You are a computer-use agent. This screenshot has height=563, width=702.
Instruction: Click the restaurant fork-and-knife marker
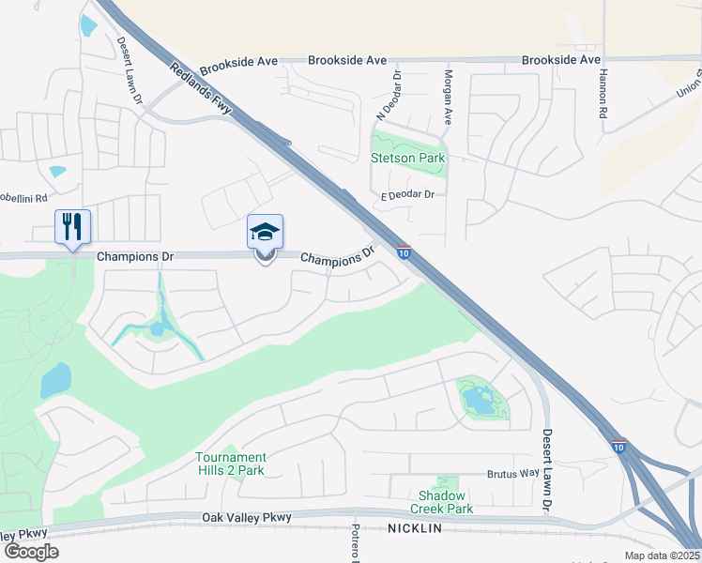click(72, 226)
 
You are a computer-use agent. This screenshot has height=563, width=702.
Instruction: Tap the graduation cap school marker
click(265, 232)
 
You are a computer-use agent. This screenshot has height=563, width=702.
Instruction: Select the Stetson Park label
click(407, 159)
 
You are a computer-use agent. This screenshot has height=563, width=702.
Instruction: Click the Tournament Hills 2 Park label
click(230, 464)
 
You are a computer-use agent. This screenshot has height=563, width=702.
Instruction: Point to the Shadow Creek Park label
click(441, 502)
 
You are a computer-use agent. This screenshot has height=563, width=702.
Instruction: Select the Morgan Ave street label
click(449, 99)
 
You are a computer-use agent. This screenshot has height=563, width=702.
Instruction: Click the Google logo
click(31, 551)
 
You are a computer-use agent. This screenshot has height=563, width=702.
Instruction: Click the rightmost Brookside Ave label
click(560, 60)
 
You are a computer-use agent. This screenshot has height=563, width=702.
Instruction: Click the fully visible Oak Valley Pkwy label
click(247, 517)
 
